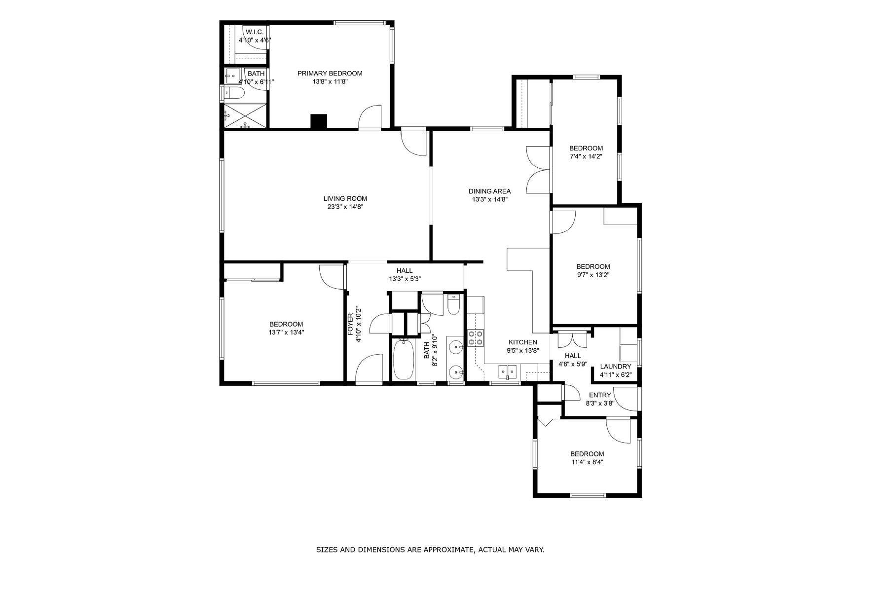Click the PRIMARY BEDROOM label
[x=330, y=74]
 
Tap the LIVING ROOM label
[x=345, y=199]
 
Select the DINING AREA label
[x=489, y=191]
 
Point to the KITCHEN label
[x=523, y=342]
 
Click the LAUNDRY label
[x=616, y=367]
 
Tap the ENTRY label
[x=600, y=395]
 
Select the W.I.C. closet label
[x=255, y=32]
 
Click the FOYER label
[x=351, y=325]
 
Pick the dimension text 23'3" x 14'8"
[x=345, y=207]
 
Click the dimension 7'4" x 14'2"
[x=586, y=156]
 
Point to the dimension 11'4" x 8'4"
[x=587, y=463]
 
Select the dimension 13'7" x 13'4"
[x=286, y=333]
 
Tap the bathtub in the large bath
[x=404, y=359]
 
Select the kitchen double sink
[x=507, y=370]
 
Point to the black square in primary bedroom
[x=319, y=121]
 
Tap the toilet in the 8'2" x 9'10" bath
[x=453, y=305]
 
